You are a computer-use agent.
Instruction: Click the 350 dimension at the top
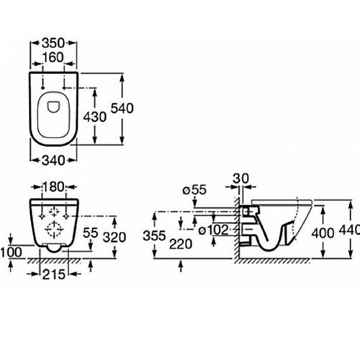click(x=53, y=43)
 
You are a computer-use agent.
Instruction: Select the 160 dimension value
click(x=53, y=58)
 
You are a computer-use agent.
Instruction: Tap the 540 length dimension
click(x=122, y=108)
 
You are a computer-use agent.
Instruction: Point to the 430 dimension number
click(x=95, y=117)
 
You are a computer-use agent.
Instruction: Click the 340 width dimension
click(x=53, y=161)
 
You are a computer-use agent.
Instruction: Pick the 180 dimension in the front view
click(x=53, y=186)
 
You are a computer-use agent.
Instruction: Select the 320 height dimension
click(x=114, y=238)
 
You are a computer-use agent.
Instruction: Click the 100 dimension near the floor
click(x=11, y=252)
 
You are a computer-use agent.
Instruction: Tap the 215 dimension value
click(x=54, y=274)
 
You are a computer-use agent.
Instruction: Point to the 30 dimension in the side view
click(x=241, y=179)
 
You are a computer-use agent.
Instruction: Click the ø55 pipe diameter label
click(x=194, y=190)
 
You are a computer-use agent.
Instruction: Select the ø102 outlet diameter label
click(x=214, y=230)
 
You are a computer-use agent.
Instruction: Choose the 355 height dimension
click(x=154, y=235)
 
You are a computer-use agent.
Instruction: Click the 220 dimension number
click(x=181, y=245)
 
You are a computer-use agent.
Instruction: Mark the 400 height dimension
click(x=323, y=233)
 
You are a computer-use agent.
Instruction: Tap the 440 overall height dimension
click(x=349, y=230)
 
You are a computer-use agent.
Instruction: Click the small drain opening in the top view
click(x=53, y=107)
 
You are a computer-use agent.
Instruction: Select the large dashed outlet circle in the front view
click(x=54, y=230)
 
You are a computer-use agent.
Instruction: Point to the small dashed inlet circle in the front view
click(x=54, y=212)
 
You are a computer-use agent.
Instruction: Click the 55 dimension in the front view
click(x=90, y=233)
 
